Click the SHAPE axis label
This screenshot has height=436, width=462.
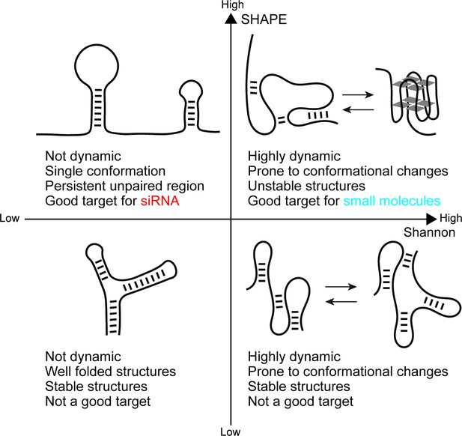click(264, 19)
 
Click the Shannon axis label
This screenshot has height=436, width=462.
click(429, 232)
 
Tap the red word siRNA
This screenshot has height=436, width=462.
click(160, 201)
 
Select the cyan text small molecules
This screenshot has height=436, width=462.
click(392, 201)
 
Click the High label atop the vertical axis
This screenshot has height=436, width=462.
click(232, 4)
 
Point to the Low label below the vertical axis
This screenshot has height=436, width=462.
click(231, 432)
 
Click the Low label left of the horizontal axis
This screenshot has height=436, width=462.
click(10, 218)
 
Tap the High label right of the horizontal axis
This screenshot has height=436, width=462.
click(451, 218)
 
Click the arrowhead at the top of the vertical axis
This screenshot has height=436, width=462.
click(231, 19)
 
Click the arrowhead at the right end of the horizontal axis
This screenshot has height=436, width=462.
click(431, 219)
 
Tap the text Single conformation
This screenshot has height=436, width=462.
click(105, 171)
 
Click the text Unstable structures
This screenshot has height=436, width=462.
click(306, 186)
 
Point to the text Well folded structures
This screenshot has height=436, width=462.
click(111, 372)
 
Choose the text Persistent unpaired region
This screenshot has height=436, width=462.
click(124, 186)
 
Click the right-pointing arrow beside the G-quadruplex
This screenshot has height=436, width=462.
click(358, 94)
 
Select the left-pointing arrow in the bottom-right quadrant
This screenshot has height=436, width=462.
click(341, 302)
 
